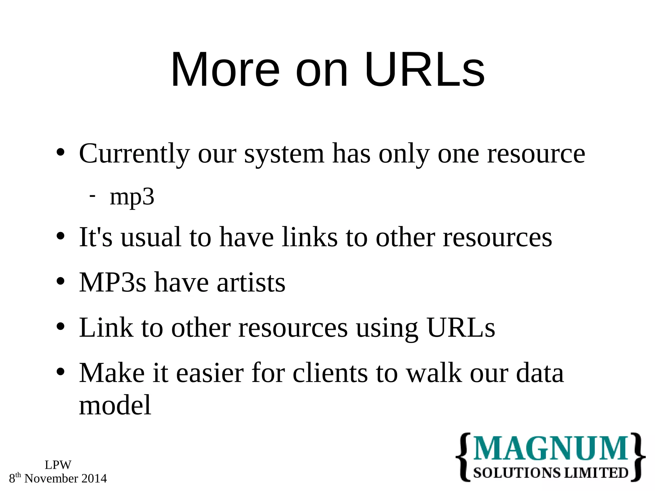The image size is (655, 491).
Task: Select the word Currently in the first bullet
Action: [134, 154]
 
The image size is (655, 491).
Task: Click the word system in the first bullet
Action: [284, 154]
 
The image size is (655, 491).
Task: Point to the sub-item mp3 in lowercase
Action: [132, 198]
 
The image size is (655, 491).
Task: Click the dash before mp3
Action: [92, 195]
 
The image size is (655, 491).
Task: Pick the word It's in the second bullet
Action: [96, 237]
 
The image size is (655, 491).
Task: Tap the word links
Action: [310, 237]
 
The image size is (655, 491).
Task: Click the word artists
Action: [251, 283]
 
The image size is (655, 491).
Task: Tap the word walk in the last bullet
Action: [434, 373]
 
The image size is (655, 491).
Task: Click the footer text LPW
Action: [58, 465]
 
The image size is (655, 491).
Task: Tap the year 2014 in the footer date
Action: [94, 479]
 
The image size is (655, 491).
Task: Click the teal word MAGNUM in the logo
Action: [550, 448]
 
